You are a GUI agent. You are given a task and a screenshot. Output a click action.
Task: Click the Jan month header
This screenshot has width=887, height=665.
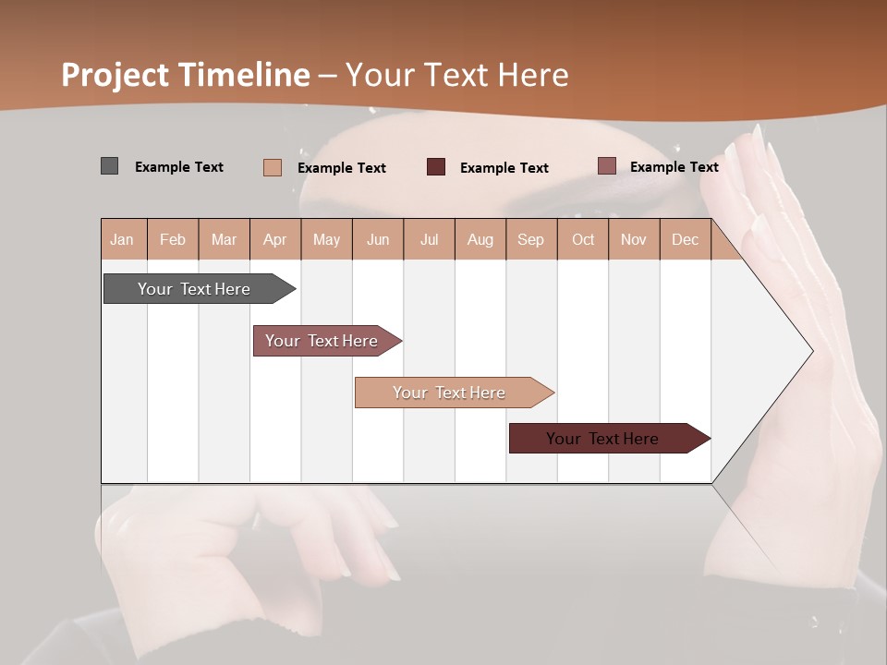coord(122,239)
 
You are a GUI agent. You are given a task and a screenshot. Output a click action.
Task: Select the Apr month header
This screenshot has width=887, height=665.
coord(275,239)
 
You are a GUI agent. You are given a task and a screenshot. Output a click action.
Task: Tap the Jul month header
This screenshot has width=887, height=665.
coord(429,239)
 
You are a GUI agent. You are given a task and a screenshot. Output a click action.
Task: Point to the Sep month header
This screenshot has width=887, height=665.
coord(530,239)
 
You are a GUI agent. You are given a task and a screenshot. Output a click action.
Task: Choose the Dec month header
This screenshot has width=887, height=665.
coord(685,239)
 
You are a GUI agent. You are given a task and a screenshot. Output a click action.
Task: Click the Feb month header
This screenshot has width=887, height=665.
coord(173,239)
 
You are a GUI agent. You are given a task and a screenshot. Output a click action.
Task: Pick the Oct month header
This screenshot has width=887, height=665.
coord(583,239)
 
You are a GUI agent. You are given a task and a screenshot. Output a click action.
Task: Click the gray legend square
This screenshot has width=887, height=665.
coord(109,166)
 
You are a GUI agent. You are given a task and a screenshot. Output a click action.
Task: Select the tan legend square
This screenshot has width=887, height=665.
coord(273,167)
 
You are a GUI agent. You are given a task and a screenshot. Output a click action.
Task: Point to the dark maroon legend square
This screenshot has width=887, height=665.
coord(436,166)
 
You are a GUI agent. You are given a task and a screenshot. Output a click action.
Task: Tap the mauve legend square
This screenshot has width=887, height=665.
coord(606,166)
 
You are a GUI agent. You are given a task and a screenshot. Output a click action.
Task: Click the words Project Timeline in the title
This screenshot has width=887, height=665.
coord(186,75)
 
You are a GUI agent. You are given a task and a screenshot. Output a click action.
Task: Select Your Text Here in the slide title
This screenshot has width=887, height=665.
coord(457,75)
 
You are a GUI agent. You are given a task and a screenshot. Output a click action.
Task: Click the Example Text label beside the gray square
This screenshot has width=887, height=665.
coord(179,167)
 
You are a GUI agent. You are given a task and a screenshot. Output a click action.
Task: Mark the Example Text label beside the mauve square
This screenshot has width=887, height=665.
coord(674,167)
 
